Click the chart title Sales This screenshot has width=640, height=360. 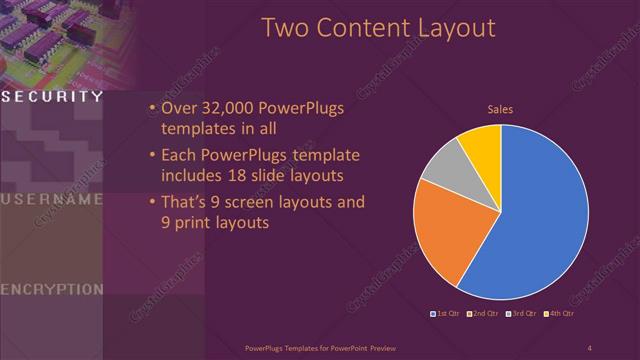click(x=500, y=109)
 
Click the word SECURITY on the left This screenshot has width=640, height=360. click(x=51, y=97)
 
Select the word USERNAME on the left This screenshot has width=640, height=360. click(x=51, y=199)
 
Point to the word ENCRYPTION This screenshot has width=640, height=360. click(x=51, y=289)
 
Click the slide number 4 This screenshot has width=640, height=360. click(x=589, y=347)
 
